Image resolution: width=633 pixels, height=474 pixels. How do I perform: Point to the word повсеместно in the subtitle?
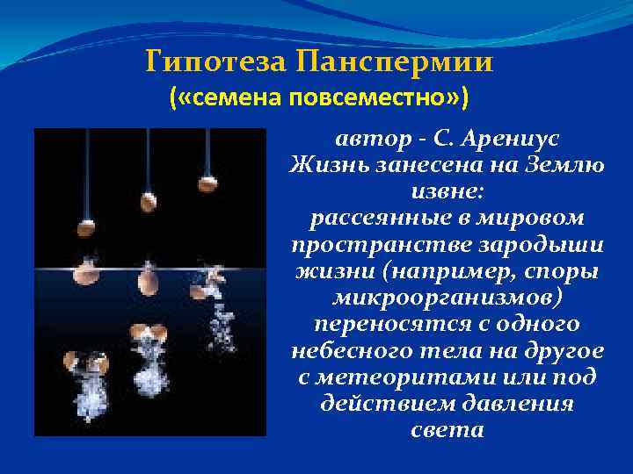pyautogui.click(x=370, y=98)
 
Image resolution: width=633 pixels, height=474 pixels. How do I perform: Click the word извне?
pyautogui.click(x=447, y=190)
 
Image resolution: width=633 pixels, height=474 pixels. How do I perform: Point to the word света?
pyautogui.click(x=447, y=429)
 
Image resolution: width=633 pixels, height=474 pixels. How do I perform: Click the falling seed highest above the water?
pyautogui.click(x=207, y=183)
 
